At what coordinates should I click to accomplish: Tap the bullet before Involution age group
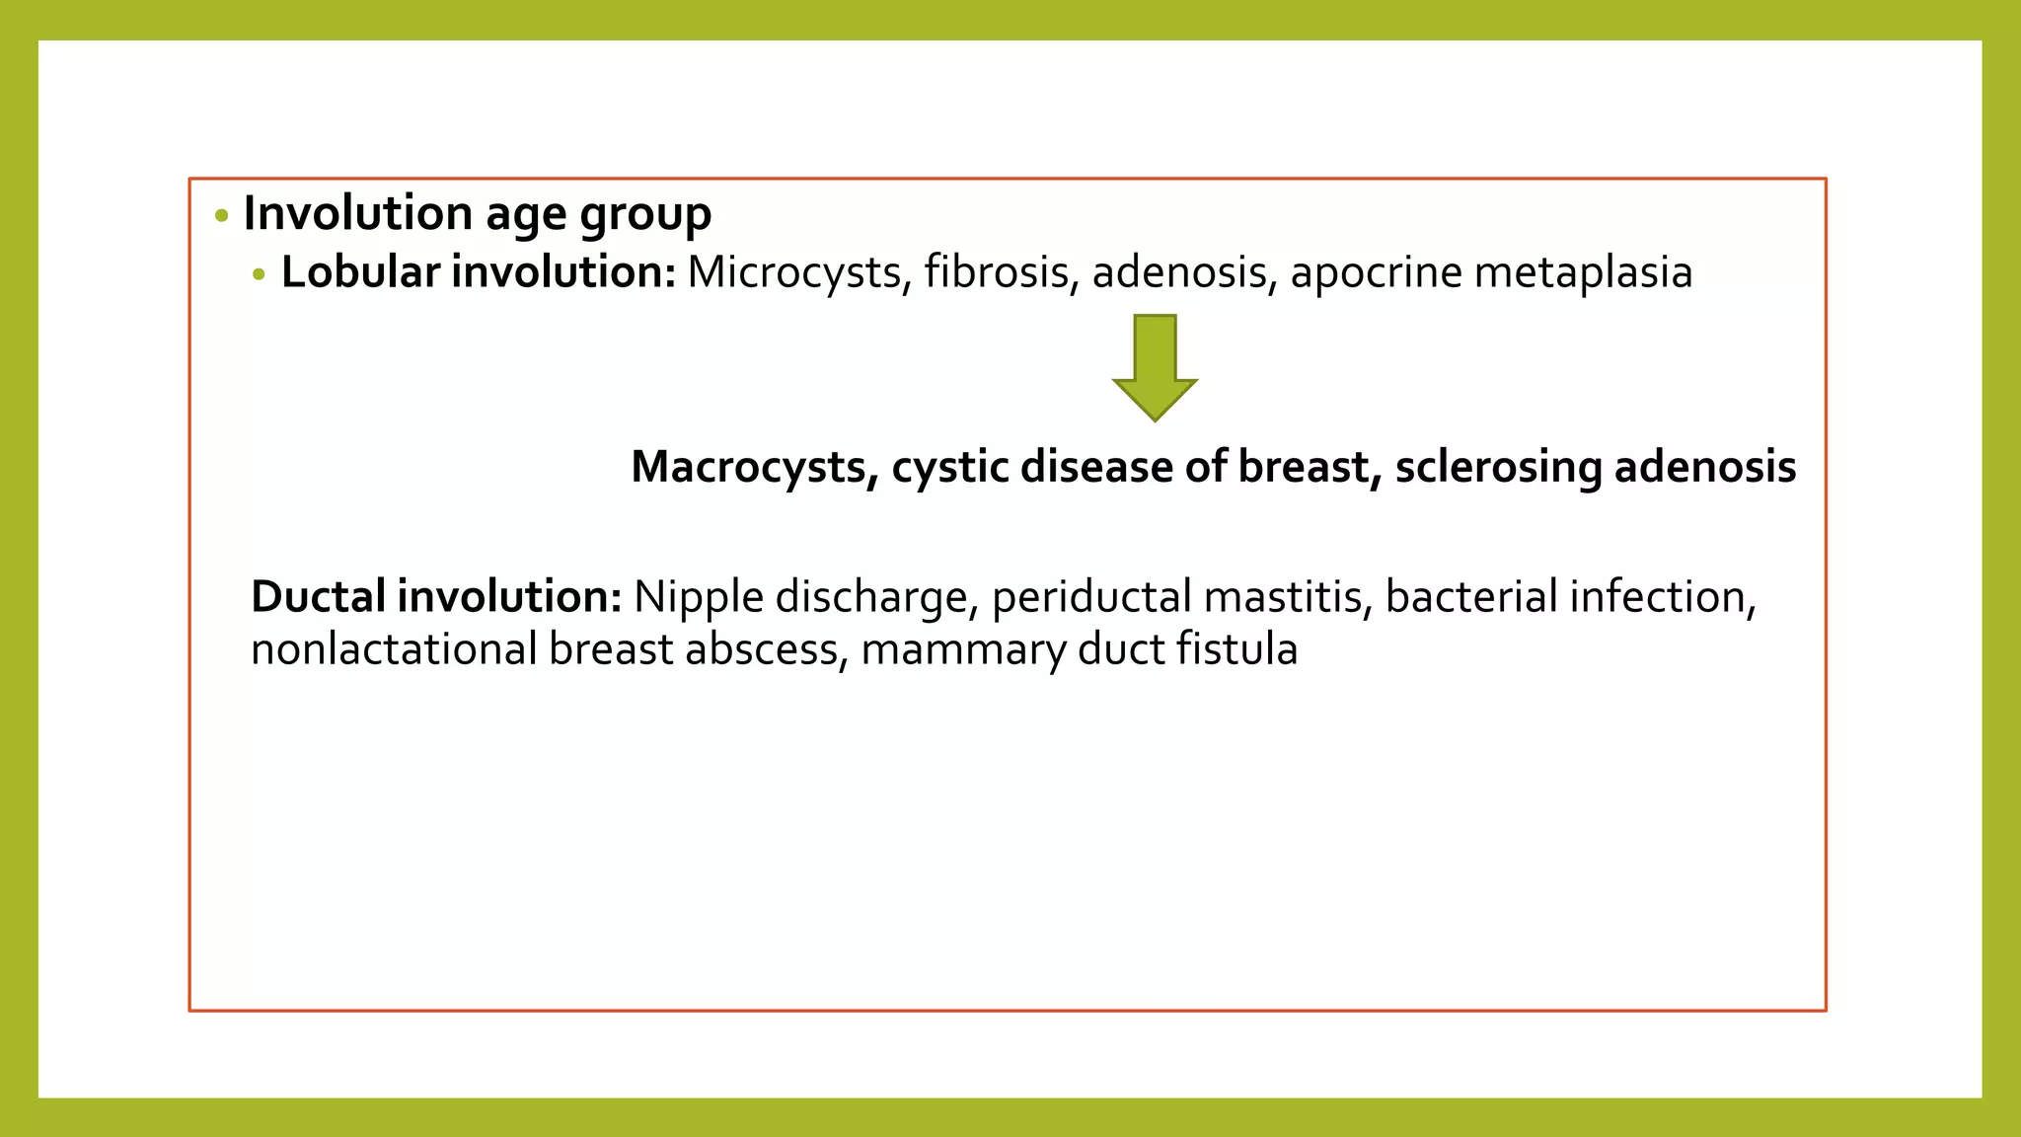point(222,215)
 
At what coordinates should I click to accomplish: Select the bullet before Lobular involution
point(260,275)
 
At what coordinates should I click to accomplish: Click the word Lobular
point(360,272)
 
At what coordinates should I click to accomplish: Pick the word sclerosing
point(1498,467)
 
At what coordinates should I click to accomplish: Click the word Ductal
point(318,597)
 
